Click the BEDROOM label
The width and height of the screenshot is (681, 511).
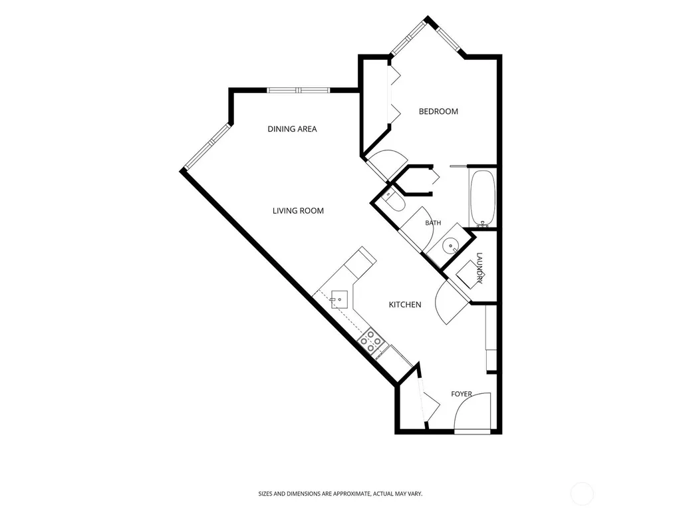click(x=438, y=111)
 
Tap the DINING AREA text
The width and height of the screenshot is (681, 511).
click(x=293, y=129)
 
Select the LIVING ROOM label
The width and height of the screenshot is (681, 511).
click(x=298, y=211)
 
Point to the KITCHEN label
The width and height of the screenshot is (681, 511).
click(x=405, y=305)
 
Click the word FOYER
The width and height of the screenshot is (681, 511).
click(x=462, y=394)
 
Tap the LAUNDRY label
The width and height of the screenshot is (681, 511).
click(x=479, y=268)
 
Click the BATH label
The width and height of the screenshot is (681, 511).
click(x=433, y=223)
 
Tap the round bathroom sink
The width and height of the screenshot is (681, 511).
click(x=450, y=247)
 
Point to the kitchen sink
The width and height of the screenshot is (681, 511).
click(x=339, y=299)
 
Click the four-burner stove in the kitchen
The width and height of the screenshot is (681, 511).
click(x=371, y=342)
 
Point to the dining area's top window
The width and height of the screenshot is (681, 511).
click(x=299, y=90)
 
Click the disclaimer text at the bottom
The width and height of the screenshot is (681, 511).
click(x=340, y=494)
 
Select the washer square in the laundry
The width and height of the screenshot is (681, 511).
click(x=469, y=275)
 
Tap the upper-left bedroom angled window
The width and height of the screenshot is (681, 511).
click(x=408, y=38)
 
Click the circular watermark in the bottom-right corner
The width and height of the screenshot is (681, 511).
click(x=581, y=494)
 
